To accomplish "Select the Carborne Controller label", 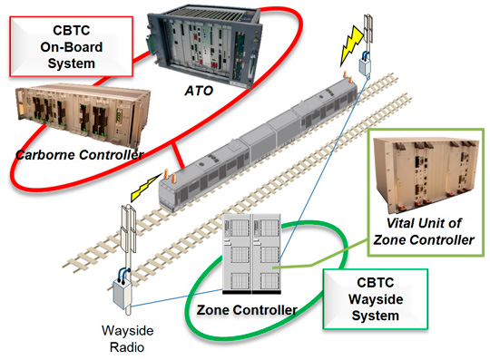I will [77, 155].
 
